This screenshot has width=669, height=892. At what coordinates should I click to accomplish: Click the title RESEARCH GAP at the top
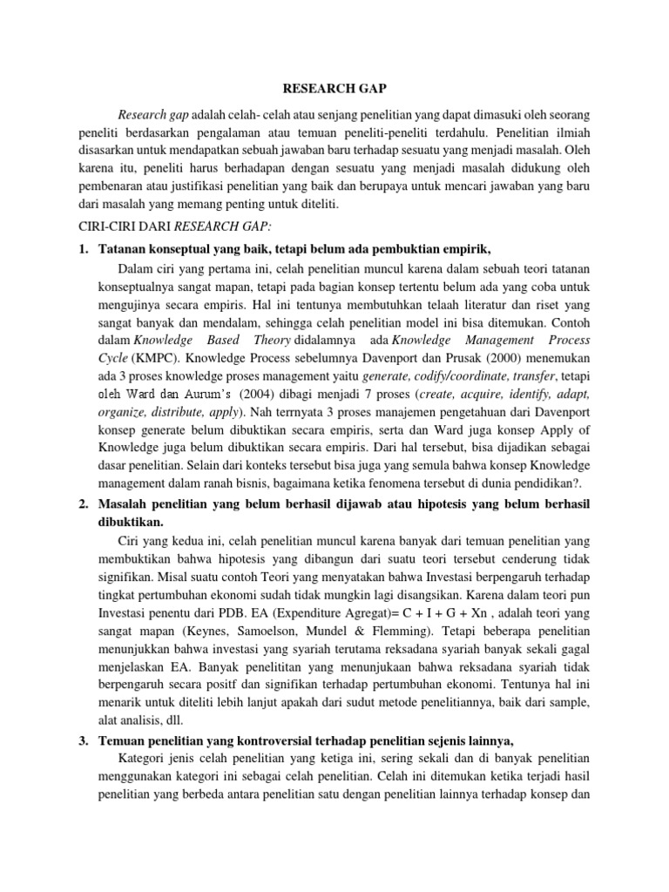(334, 88)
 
